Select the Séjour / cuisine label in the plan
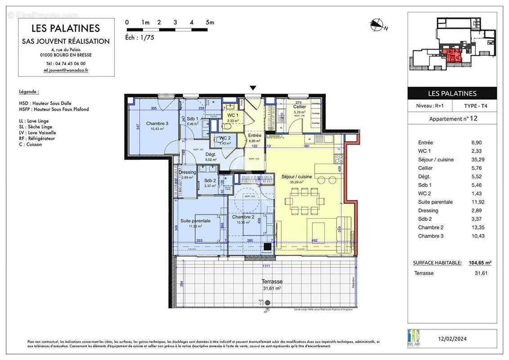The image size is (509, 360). [296, 176]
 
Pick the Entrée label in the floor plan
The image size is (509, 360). [254, 135]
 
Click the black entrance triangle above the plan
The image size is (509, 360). [253, 88]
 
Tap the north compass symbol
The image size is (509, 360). [377, 25]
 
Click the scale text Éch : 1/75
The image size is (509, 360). [140, 38]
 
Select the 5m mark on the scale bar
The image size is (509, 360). [210, 22]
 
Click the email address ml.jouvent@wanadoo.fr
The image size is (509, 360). [66, 70]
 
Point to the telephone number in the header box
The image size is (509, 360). [66, 63]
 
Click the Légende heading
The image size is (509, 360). [29, 91]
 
